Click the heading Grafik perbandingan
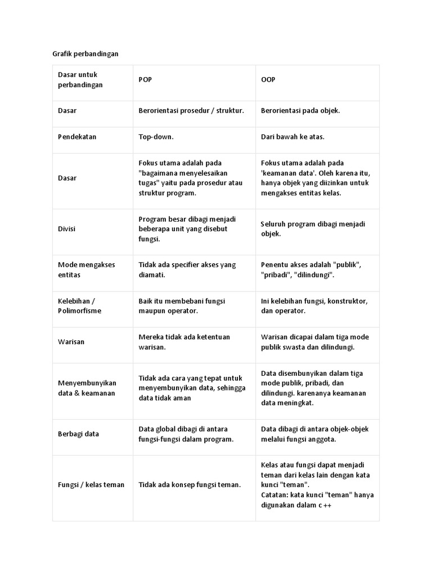[x=82, y=54]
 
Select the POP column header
[x=145, y=80]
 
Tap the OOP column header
[x=268, y=80]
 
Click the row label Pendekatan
[x=77, y=137]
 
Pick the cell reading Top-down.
[x=156, y=137]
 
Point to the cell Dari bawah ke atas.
[x=292, y=137]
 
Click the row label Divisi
[x=67, y=229]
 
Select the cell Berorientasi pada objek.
[x=300, y=111]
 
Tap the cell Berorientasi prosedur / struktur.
[x=191, y=111]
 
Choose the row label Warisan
[x=71, y=341]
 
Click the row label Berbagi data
[x=79, y=434]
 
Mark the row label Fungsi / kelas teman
[x=91, y=484]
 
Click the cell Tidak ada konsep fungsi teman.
[x=190, y=484]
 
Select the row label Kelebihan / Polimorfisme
[x=80, y=305]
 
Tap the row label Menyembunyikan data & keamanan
[x=87, y=388]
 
